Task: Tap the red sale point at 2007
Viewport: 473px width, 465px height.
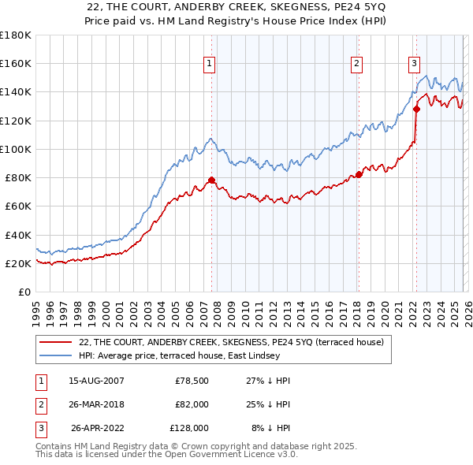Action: pyautogui.click(x=211, y=180)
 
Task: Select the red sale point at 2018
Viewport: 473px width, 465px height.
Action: pyautogui.click(x=359, y=175)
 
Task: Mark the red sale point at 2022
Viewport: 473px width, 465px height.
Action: pyautogui.click(x=415, y=110)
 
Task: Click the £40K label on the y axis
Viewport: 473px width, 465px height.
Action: pyautogui.click(x=17, y=235)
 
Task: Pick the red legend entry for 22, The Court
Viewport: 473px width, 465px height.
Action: pyautogui.click(x=231, y=341)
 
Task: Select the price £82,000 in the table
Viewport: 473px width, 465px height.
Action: pyautogui.click(x=192, y=404)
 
